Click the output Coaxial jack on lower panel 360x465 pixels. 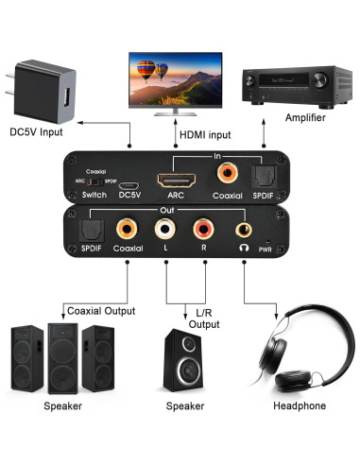click(127, 229)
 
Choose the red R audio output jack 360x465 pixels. click(203, 230)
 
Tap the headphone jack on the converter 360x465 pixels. click(244, 230)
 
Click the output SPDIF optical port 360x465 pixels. click(91, 228)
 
